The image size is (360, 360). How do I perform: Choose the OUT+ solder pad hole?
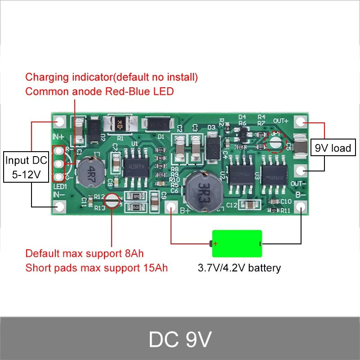coord(301,121)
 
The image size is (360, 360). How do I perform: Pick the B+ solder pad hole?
coord(171,207)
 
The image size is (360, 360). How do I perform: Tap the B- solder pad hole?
coord(301,207)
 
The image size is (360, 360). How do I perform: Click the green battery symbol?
coord(237,244)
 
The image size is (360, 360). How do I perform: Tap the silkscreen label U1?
coord(134,144)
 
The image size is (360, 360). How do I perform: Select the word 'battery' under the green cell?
coord(263,268)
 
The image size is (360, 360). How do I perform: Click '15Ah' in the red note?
coord(154,268)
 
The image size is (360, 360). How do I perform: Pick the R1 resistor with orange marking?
coord(120,124)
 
